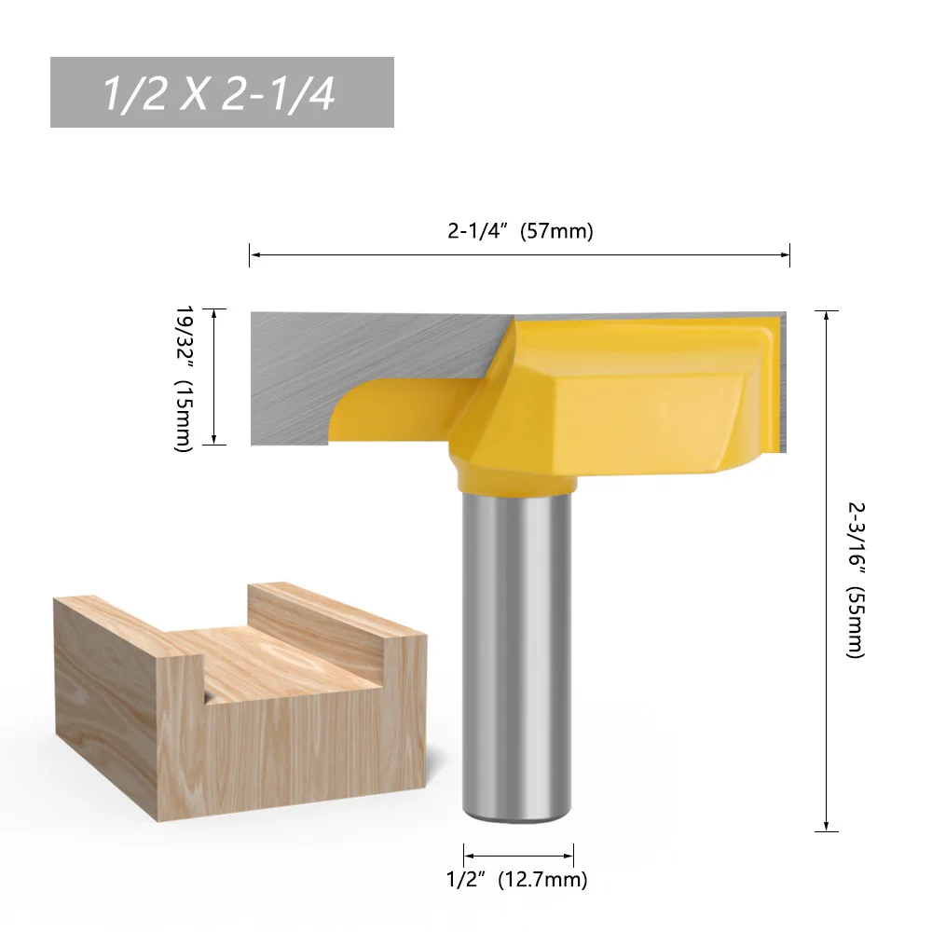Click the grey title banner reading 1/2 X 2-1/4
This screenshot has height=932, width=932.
pyautogui.click(x=222, y=92)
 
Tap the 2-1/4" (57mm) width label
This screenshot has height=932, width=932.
pyautogui.click(x=519, y=232)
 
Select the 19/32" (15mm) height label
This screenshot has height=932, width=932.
pyautogui.click(x=185, y=377)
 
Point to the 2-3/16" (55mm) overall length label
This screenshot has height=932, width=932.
pyautogui.click(x=856, y=578)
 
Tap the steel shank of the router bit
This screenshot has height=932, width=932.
pyautogui.click(x=518, y=652)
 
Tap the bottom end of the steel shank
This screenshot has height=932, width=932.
pyautogui.click(x=518, y=818)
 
